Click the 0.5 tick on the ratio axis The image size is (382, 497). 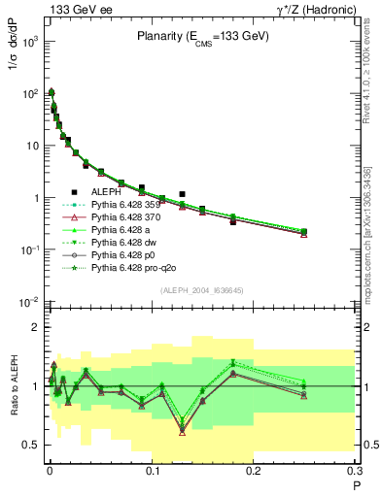(32, 445)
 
